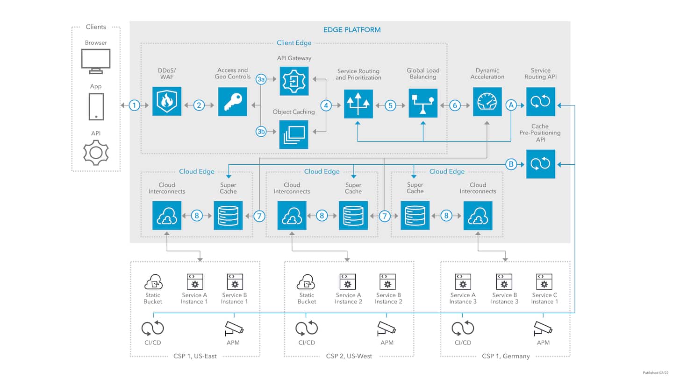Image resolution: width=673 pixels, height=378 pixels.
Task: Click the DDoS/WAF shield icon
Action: tap(166, 101)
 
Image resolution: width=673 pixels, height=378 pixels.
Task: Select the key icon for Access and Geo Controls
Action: tap(233, 101)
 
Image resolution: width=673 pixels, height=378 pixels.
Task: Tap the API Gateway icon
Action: tap(294, 81)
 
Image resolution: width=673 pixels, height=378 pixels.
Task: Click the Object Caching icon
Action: tap(294, 134)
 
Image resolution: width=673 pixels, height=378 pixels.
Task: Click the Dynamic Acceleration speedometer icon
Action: tap(487, 101)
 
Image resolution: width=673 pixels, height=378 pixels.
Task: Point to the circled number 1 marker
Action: tap(135, 105)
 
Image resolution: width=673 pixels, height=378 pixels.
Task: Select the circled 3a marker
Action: tap(261, 80)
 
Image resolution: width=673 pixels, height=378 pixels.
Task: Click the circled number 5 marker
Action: tap(391, 105)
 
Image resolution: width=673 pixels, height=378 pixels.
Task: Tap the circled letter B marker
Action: tap(511, 164)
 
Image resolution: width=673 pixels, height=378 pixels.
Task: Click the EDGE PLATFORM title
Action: tap(352, 30)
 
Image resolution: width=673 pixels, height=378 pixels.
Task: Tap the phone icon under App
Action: tap(96, 106)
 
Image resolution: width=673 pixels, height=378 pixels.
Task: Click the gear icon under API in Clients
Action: tap(96, 152)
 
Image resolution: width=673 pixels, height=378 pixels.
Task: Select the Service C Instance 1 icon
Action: tap(544, 282)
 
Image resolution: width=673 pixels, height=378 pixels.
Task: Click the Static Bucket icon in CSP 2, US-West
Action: tap(307, 282)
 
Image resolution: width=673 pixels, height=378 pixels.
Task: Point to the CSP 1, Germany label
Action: tap(506, 356)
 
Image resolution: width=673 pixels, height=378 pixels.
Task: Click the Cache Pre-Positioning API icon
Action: tap(541, 164)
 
